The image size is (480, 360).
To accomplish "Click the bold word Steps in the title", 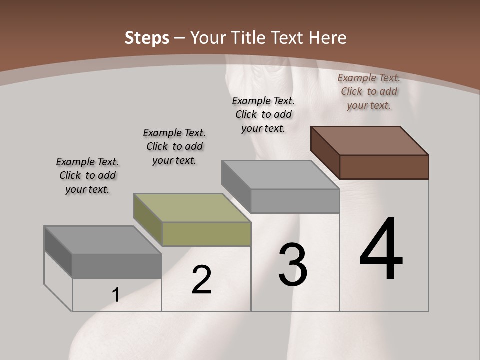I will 147,38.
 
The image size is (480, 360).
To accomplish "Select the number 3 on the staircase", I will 293,264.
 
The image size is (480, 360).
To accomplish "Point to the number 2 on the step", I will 201,280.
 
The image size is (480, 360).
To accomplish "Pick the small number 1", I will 116,295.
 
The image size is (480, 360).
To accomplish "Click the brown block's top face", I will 370,140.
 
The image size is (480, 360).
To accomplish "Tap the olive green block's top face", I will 192,207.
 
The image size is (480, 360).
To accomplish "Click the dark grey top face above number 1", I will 103,239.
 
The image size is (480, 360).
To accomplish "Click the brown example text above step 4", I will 369,91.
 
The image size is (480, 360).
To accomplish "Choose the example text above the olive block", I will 174,146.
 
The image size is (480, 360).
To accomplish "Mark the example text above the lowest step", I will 87,175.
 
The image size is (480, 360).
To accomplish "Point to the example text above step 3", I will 263,114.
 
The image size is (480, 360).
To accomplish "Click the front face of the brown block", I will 384,167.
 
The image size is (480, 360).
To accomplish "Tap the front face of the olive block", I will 206,234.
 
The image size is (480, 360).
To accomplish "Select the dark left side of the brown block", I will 325,152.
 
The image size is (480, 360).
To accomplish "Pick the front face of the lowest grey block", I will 117,266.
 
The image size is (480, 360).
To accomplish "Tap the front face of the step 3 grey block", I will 295,201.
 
